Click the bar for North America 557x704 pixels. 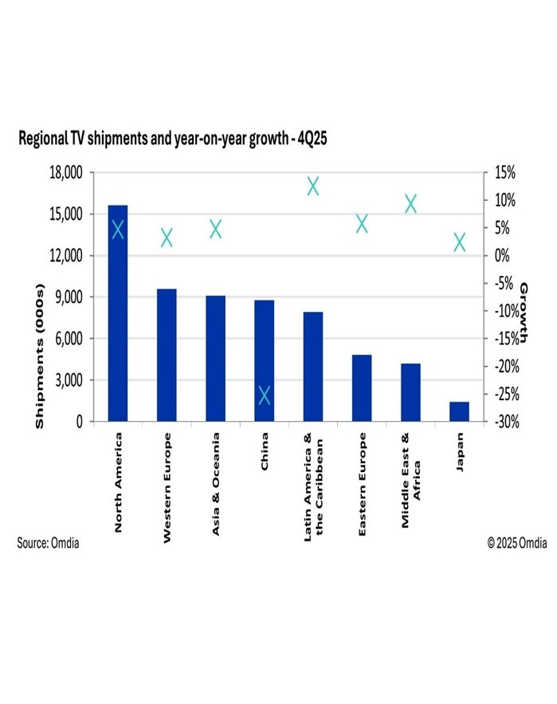(x=118, y=319)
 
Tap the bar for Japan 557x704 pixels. (x=460, y=411)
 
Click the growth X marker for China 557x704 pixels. (x=265, y=395)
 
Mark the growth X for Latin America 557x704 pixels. (x=313, y=187)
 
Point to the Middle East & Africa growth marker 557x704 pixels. (x=411, y=204)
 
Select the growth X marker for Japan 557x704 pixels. (x=460, y=242)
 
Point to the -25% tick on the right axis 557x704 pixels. (x=508, y=394)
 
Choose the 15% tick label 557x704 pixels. (x=505, y=173)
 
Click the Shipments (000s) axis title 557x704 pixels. (x=40, y=358)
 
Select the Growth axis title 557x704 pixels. (x=524, y=314)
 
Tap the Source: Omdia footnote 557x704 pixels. (x=48, y=543)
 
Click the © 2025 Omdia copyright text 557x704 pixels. (x=517, y=543)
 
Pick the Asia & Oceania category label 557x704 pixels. (x=216, y=484)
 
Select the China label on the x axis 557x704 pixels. (x=265, y=452)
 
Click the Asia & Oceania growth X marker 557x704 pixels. (x=215, y=230)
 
